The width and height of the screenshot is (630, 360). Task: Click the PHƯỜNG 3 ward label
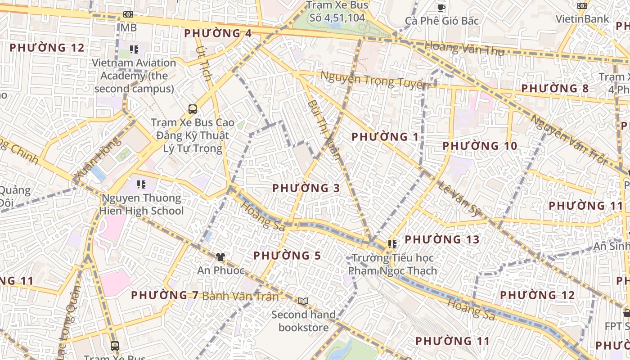pos(306,188)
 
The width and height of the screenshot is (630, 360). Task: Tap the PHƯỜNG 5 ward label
pos(287,256)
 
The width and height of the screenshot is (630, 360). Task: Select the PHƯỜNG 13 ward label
pos(442,239)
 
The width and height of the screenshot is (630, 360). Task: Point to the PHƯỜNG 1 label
pos(385,137)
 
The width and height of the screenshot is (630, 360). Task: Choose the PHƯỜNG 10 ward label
pos(480,146)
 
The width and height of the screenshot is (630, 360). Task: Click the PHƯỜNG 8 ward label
pos(554,88)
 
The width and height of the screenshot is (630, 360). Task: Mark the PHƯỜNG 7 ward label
pos(165,295)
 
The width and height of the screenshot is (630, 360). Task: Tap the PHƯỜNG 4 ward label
pos(218,33)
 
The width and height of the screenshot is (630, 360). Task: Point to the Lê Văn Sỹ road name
pos(459,198)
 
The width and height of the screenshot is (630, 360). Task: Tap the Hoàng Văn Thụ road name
pos(464,48)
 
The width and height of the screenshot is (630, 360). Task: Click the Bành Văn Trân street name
pos(240,296)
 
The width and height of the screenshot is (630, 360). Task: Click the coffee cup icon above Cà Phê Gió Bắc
pos(441,8)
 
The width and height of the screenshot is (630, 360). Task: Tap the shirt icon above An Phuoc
pos(220,257)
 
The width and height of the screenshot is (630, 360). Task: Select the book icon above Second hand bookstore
pos(303,301)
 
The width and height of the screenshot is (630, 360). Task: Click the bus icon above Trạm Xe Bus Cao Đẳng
pos(193,109)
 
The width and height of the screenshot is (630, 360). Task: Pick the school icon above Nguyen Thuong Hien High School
pos(141,184)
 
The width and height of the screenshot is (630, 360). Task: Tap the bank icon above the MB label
pos(128,14)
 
